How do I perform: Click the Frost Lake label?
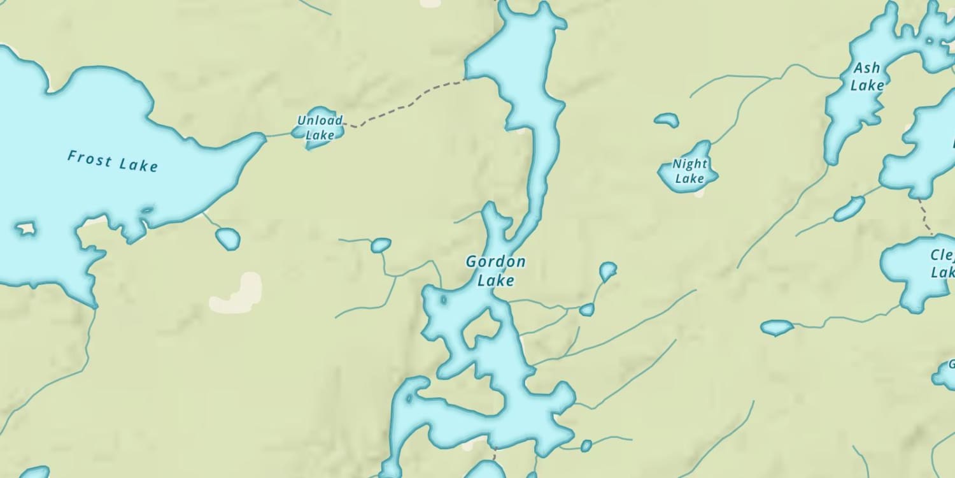coord(112,161)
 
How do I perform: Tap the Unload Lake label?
coord(320,127)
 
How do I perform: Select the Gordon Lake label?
coord(495,271)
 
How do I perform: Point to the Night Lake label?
coord(690,171)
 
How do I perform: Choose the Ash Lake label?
coord(867,76)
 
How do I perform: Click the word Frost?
coord(90,157)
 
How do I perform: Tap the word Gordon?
coord(495,261)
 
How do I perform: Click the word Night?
coord(690,164)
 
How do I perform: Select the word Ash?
coord(867,68)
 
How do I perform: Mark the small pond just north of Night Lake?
coord(667,119)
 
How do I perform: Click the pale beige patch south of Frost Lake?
coord(237,294)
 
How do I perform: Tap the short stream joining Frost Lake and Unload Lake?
coord(278,135)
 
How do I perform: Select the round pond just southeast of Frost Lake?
coord(227,238)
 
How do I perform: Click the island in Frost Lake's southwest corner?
coord(25,228)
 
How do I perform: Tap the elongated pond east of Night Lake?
coord(849,208)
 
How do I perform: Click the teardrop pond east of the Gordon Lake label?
coord(607,271)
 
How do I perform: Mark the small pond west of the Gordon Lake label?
coord(381,245)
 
